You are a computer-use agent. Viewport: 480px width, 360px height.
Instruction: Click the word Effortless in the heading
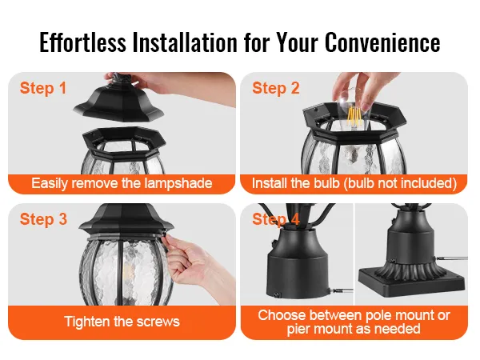(82, 42)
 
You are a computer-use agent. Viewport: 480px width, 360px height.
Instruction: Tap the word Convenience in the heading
(382, 42)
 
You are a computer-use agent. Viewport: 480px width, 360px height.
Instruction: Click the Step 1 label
(43, 88)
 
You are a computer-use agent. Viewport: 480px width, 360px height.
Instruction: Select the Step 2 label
(276, 88)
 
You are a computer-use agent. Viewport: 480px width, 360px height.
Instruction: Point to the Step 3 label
(43, 219)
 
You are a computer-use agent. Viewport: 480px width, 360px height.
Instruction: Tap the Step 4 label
(276, 219)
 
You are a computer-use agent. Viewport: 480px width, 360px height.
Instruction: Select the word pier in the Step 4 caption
(298, 330)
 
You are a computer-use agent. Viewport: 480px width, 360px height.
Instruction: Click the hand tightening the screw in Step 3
(196, 260)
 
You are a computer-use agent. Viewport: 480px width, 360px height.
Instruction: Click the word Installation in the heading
(185, 42)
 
